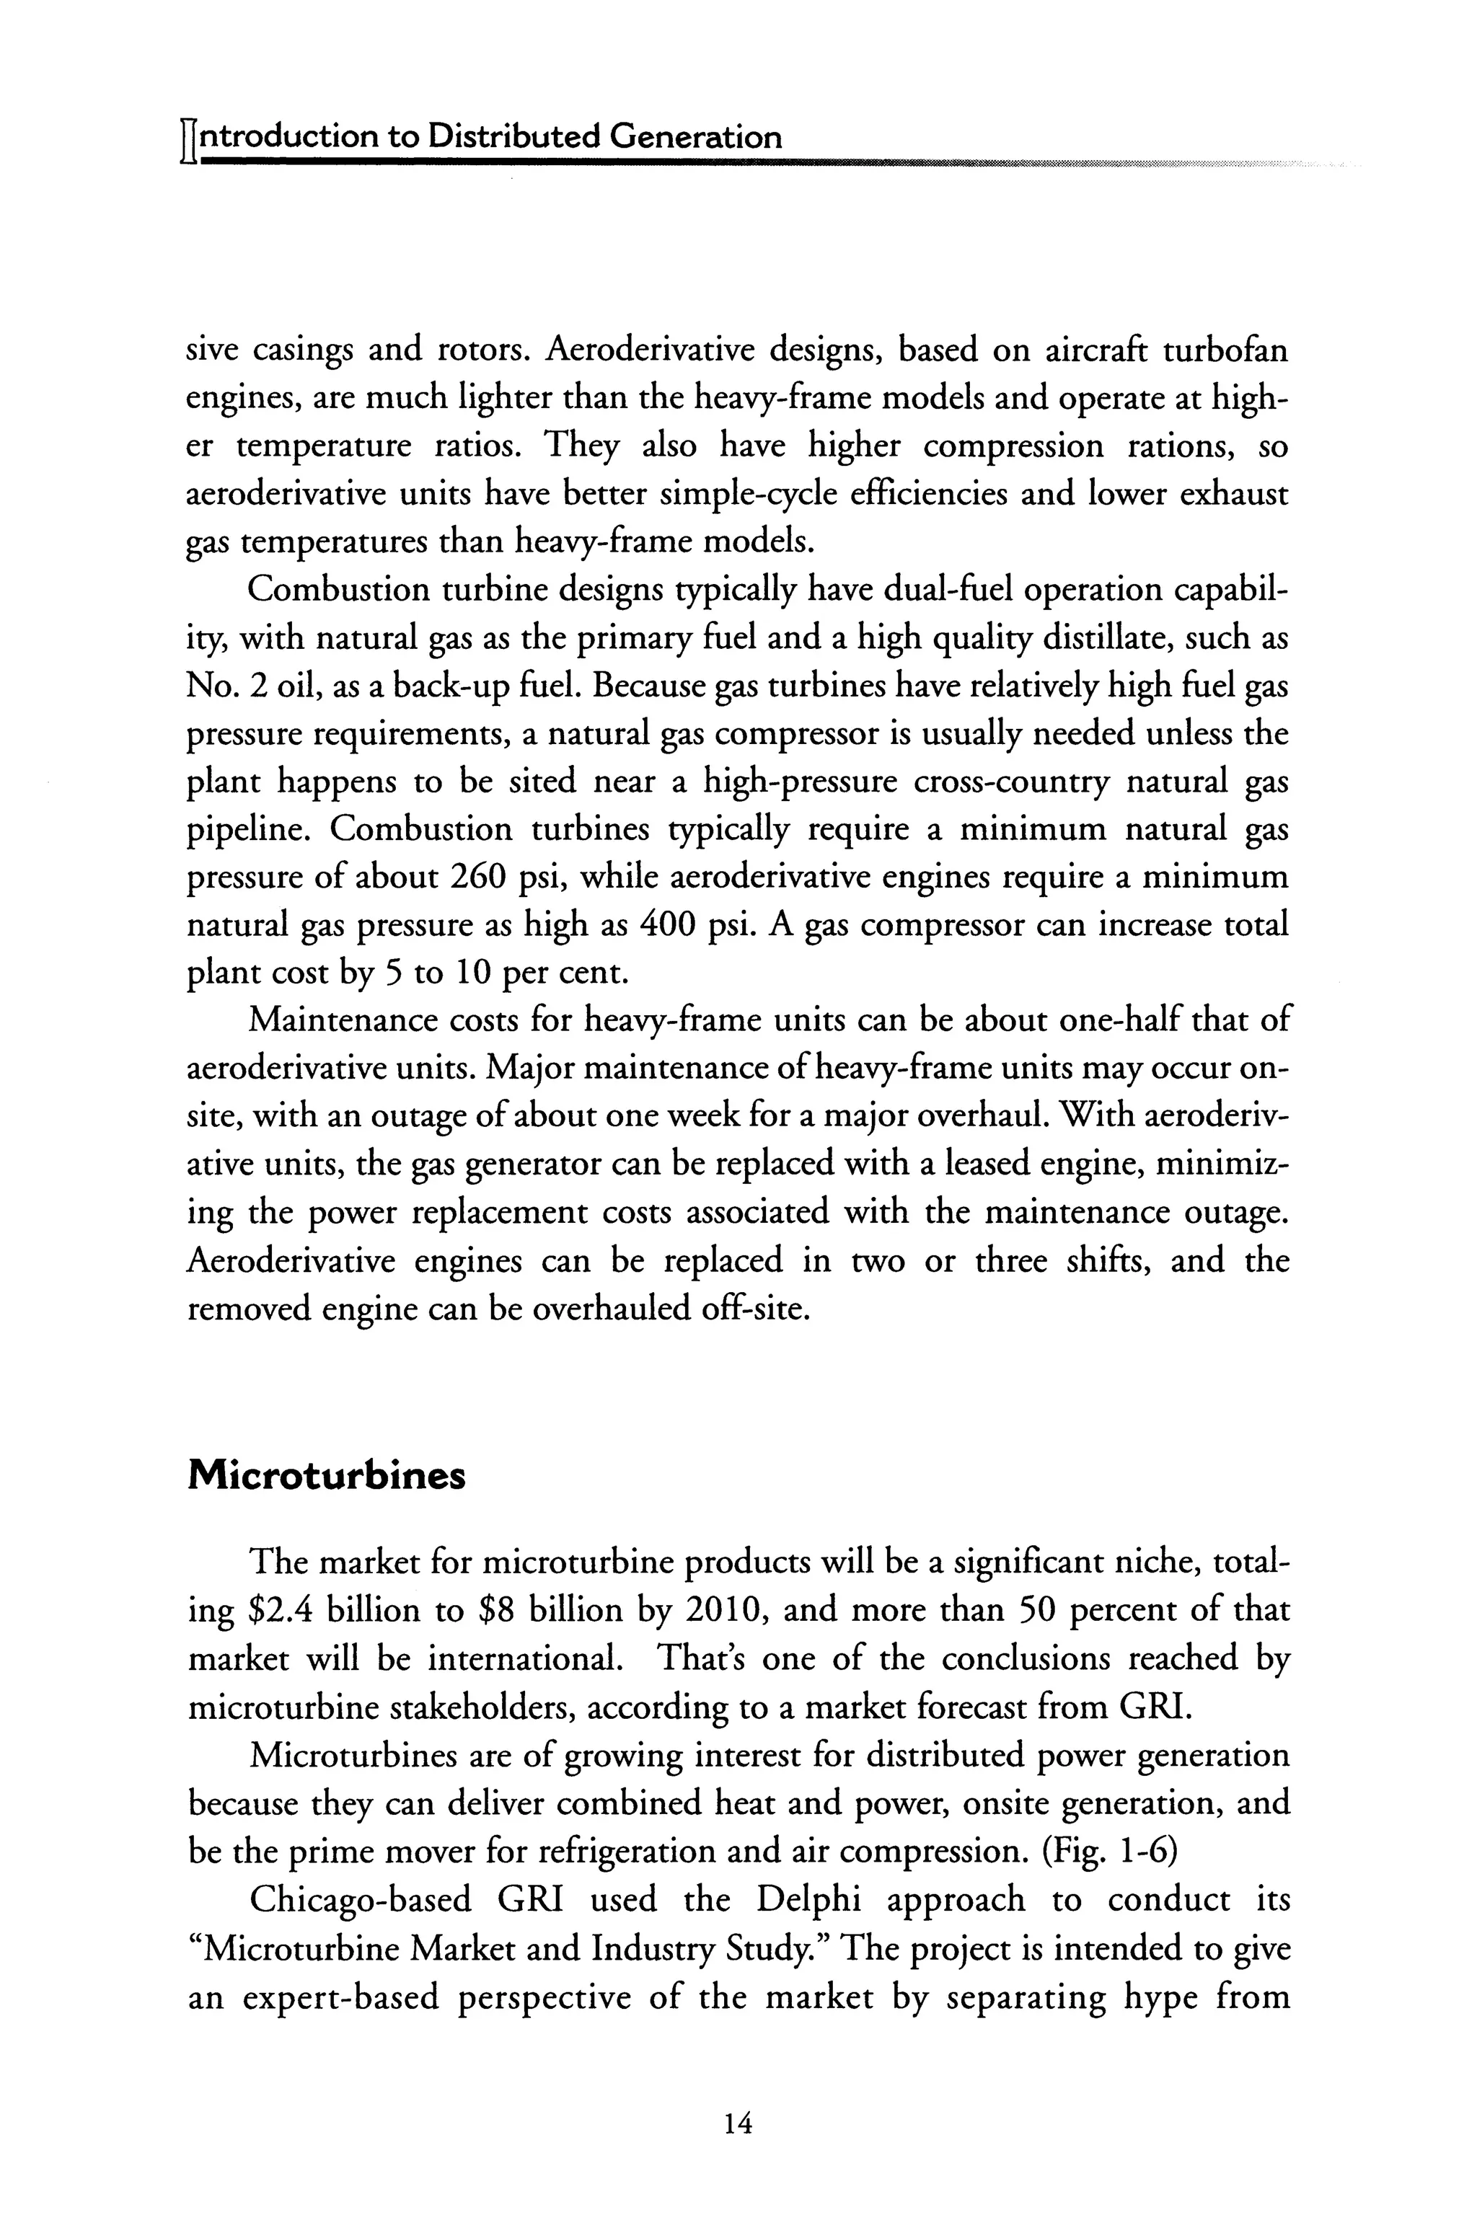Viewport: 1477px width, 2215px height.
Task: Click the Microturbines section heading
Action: point(327,1476)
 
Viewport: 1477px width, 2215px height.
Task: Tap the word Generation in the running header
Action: point(695,138)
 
